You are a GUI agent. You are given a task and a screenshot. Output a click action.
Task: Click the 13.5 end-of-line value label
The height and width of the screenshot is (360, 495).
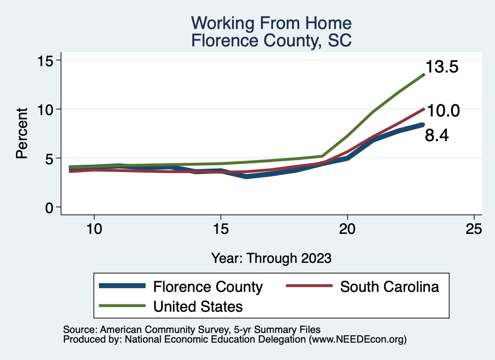(x=441, y=67)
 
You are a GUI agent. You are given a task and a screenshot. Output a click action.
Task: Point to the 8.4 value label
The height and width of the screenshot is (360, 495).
(x=437, y=136)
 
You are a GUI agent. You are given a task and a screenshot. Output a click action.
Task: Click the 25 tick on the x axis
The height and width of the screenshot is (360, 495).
(x=474, y=229)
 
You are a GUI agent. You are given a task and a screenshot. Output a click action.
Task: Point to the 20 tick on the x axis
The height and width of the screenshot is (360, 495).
(x=348, y=229)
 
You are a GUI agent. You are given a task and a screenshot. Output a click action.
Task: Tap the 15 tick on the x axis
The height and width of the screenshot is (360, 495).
(x=220, y=229)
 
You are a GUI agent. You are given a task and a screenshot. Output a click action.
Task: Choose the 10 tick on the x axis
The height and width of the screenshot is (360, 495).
(x=94, y=229)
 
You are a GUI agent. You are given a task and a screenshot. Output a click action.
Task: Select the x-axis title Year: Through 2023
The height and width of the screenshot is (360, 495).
(x=271, y=258)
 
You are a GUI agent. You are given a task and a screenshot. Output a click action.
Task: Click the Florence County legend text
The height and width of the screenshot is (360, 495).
(x=208, y=287)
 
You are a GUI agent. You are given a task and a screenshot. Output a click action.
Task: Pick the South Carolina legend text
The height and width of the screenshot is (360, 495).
(x=390, y=287)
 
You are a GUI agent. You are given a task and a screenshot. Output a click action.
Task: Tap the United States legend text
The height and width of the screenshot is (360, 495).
(x=198, y=306)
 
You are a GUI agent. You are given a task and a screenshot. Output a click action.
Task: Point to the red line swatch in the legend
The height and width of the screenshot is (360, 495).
(x=309, y=287)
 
